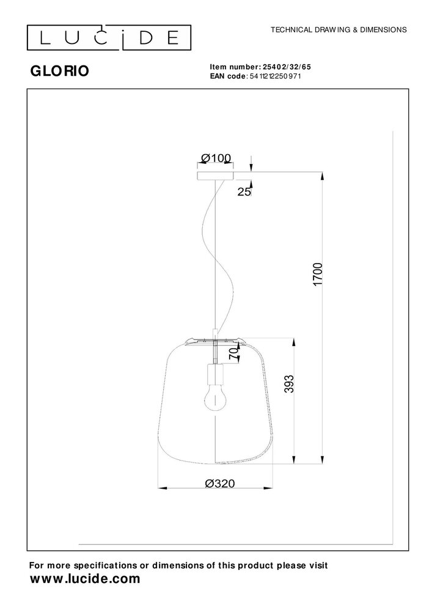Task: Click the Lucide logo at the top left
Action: (x=109, y=38)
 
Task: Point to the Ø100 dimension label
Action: (x=216, y=158)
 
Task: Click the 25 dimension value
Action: (x=244, y=191)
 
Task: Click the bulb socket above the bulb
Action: (x=215, y=372)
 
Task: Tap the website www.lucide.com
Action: (x=85, y=579)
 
